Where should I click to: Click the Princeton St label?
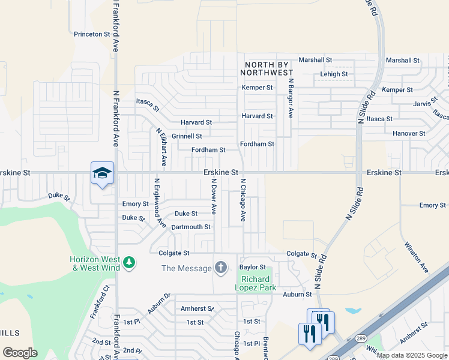pyautogui.click(x=92, y=34)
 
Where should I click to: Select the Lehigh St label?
pyautogui.click(x=334, y=74)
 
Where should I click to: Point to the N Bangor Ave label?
pyautogui.click(x=291, y=97)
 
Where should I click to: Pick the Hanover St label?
pyautogui.click(x=409, y=133)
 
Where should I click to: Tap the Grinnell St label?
pyautogui.click(x=187, y=137)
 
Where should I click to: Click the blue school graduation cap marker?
pyautogui.click(x=102, y=173)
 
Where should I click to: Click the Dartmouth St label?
pyautogui.click(x=191, y=227)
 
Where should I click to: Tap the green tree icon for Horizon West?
pyautogui.click(x=128, y=263)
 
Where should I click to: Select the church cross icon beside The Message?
pyautogui.click(x=221, y=268)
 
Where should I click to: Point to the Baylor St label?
pyautogui.click(x=253, y=267)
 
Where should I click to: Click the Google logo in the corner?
pyautogui.click(x=20, y=353)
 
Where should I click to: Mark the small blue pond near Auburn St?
pyautogui.click(x=352, y=311)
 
